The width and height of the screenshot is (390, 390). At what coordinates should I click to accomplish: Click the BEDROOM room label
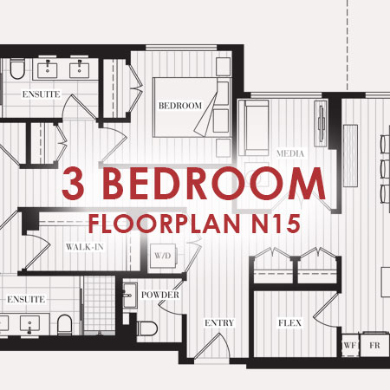(x=180, y=106)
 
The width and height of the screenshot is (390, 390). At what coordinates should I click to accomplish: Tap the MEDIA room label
(x=290, y=153)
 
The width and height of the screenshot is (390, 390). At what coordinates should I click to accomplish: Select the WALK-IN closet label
(x=85, y=247)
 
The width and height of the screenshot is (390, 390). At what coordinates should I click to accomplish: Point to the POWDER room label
(x=160, y=295)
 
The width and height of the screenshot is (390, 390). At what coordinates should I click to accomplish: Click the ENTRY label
(x=219, y=322)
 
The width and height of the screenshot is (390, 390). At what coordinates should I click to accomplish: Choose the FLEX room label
(x=289, y=322)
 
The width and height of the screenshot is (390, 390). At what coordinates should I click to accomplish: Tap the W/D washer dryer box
(x=163, y=256)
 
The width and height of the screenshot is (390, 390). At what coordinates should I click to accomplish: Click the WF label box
(x=350, y=345)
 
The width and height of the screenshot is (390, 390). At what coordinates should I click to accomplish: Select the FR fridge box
(x=374, y=345)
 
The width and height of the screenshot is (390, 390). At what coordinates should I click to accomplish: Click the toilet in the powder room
(x=147, y=328)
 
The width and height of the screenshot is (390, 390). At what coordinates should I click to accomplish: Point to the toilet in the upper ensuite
(x=17, y=68)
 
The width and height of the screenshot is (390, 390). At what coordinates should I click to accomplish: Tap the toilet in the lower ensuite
(x=64, y=325)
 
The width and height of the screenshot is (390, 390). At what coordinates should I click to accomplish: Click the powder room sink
(x=130, y=296)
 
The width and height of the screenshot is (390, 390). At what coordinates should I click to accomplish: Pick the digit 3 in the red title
(x=73, y=183)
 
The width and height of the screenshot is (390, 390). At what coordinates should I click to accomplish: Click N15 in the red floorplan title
(x=276, y=224)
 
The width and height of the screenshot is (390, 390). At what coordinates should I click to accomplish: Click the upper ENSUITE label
(x=42, y=94)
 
